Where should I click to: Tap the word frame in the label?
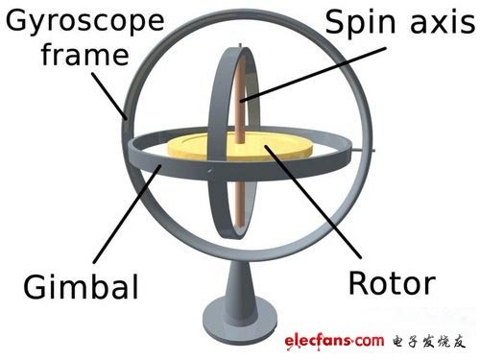pos(85,55)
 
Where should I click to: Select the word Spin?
pos(363,23)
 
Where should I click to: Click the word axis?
pos(444,22)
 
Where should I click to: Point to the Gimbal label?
pos(81,286)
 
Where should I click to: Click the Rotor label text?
pos(392,283)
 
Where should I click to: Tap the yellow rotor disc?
pos(239,147)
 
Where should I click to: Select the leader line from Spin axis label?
pos(314,75)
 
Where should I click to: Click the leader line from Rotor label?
pos(313,202)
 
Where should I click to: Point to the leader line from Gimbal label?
pos(127,214)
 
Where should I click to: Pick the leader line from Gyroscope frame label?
pos(109,96)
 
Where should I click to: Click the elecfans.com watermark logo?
pos(334,341)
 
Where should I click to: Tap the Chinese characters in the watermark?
pos(429,342)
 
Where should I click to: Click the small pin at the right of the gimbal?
pos(364,149)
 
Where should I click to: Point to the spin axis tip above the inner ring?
pos(240,45)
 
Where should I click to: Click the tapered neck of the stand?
pos(240,280)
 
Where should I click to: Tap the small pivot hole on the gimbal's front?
pos(210,171)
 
